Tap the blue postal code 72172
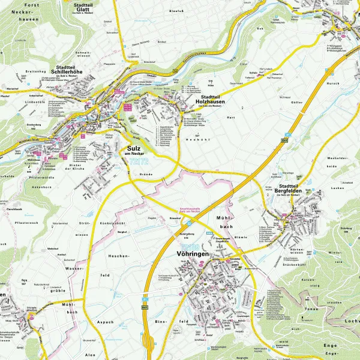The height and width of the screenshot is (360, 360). (x=139, y=162)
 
